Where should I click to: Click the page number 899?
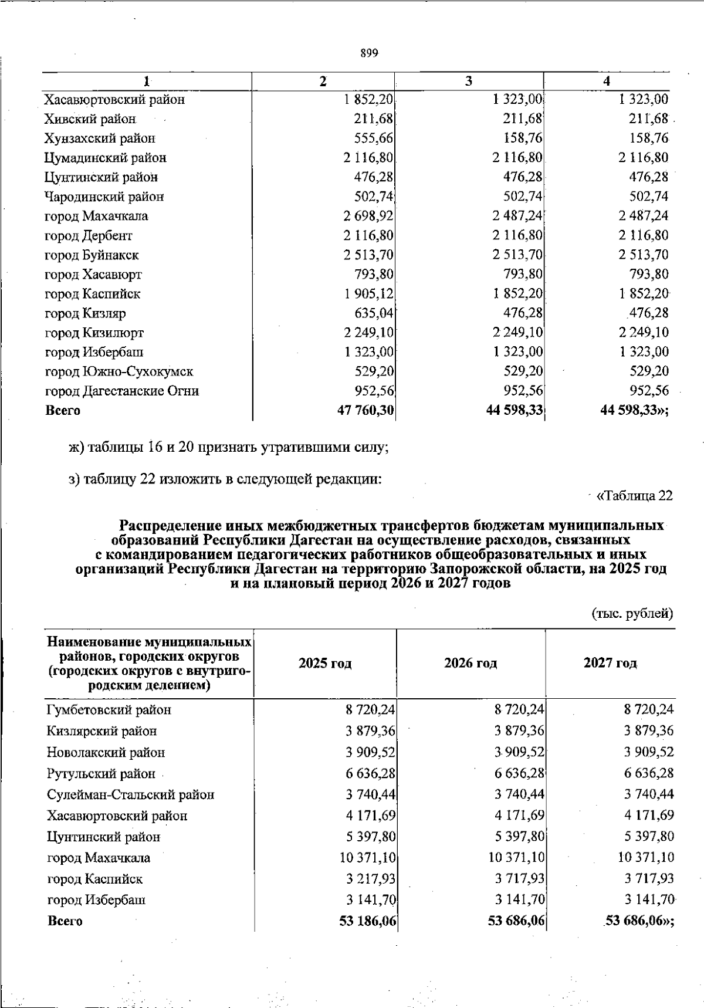(x=369, y=53)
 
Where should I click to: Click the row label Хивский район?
(x=90, y=119)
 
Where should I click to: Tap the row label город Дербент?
(x=89, y=236)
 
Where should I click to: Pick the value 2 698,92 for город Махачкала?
(x=368, y=216)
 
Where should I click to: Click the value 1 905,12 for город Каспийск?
(x=368, y=294)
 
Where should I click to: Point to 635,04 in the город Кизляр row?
(x=373, y=313)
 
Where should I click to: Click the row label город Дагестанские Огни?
(x=122, y=391)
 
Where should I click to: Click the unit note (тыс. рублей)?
(x=631, y=614)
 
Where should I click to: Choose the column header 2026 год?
(x=471, y=664)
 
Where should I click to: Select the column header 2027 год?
(x=610, y=664)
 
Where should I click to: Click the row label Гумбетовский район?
(x=109, y=710)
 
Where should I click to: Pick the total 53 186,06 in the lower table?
(x=367, y=921)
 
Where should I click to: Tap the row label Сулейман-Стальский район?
(x=131, y=795)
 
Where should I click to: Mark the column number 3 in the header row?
(x=469, y=82)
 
